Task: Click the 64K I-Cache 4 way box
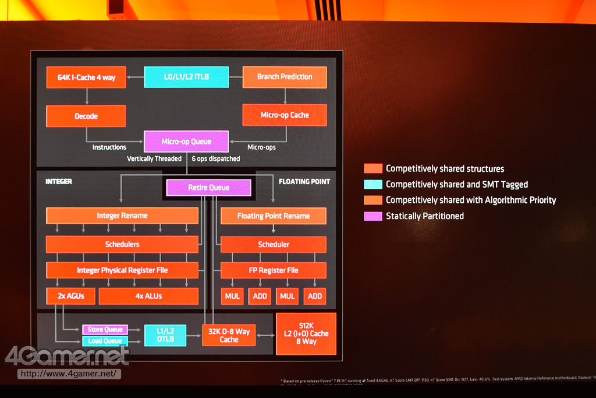click(x=86, y=78)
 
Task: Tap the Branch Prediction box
click(x=284, y=77)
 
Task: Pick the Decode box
click(x=86, y=116)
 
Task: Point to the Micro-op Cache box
click(x=284, y=115)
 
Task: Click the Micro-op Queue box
click(x=186, y=142)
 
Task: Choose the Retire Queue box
click(x=208, y=188)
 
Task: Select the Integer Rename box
click(x=122, y=216)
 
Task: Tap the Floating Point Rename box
click(x=273, y=216)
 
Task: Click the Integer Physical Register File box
click(x=122, y=270)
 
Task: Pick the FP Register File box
click(x=273, y=270)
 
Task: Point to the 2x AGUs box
click(x=71, y=296)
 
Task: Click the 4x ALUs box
click(x=148, y=296)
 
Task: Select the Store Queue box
click(x=105, y=330)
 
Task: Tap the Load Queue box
click(x=105, y=341)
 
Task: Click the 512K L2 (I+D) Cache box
click(x=306, y=333)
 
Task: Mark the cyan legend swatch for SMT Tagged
click(x=372, y=185)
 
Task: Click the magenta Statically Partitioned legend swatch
click(x=372, y=216)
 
